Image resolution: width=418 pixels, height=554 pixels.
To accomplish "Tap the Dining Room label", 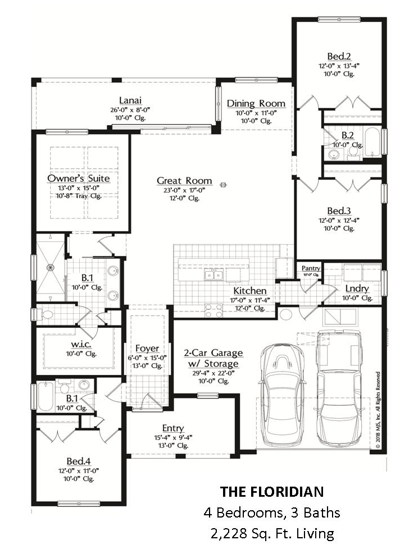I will coord(256,104).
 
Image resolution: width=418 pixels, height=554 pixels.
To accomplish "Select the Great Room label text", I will coord(184,181).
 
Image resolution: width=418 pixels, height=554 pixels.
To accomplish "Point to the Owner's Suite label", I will coord(79,178).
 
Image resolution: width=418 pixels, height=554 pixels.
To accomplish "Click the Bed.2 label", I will coord(339,56).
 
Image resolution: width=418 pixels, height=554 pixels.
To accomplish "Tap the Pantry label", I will coord(311,268).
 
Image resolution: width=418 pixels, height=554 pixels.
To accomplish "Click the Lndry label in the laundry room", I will coord(357,289).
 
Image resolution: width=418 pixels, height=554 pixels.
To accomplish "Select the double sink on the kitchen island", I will coord(213,275).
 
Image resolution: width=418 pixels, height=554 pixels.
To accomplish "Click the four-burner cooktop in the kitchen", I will coord(214,310).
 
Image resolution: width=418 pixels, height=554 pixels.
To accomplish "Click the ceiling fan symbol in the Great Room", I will coord(224,185).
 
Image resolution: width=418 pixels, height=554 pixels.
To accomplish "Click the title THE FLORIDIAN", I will coord(272,492).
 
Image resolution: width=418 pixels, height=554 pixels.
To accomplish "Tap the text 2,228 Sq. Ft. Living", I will coord(272,533).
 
